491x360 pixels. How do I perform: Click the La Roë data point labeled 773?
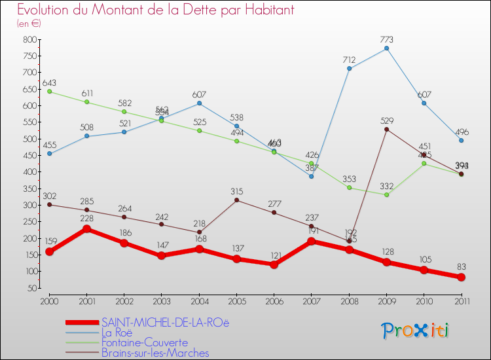coord(387,48)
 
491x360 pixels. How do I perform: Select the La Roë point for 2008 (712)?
coord(349,69)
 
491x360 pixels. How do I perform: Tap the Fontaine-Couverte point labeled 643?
coord(49,92)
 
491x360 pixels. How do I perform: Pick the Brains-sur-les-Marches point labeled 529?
coord(387,130)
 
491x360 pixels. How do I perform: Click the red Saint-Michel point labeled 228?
coord(86,229)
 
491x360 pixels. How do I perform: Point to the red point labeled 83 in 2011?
coord(462,278)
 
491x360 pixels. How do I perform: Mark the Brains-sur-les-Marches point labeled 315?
coord(236,200)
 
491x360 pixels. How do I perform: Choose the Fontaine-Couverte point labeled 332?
coord(387,194)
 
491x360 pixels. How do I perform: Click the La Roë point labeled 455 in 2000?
coord(49,154)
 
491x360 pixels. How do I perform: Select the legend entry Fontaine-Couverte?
coord(144,342)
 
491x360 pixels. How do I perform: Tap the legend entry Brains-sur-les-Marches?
coord(155,353)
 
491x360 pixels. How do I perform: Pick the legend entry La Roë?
coord(120,333)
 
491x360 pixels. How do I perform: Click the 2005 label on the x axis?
coord(236,300)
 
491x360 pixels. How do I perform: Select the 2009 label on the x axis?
coord(387,300)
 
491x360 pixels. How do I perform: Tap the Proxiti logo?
coord(416,331)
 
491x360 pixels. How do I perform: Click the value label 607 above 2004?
coord(199,94)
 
